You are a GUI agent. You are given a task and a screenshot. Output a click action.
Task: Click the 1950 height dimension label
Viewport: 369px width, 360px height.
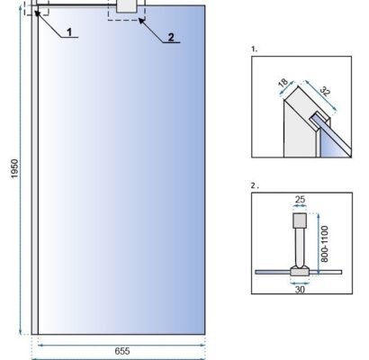[x=14, y=168]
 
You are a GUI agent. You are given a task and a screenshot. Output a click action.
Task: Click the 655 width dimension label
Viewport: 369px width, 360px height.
[x=122, y=351]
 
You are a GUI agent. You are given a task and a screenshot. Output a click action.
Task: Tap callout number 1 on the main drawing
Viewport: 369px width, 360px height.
[x=69, y=31]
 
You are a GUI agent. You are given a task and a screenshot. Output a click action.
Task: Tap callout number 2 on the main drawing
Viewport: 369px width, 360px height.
[x=171, y=38]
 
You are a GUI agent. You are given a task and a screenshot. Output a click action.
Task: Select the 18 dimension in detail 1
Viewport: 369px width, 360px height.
[x=283, y=83]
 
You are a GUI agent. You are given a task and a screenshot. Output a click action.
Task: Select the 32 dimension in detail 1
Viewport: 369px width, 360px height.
[x=325, y=91]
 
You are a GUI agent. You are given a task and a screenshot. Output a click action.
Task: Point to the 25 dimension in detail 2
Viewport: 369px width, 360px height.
[x=300, y=200]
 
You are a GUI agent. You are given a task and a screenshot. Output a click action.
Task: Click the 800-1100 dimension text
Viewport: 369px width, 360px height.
[x=325, y=244]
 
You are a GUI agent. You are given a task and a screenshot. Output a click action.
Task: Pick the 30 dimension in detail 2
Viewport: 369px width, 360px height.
[x=300, y=290]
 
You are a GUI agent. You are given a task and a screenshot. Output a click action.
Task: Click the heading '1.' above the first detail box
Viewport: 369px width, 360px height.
[x=255, y=49]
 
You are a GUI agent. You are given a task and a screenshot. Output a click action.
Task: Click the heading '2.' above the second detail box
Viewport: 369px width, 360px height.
[x=255, y=185]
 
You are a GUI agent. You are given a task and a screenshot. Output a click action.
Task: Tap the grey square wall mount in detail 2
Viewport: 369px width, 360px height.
[x=300, y=220]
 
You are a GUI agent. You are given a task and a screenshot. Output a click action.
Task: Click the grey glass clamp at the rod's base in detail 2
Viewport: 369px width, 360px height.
[x=300, y=271]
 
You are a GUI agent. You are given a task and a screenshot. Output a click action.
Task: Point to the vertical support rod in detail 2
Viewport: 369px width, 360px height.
[x=300, y=247]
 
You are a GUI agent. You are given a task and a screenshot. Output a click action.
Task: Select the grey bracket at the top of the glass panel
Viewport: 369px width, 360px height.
[x=126, y=6]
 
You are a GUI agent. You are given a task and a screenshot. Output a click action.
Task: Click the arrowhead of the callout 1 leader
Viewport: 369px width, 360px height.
[x=37, y=13]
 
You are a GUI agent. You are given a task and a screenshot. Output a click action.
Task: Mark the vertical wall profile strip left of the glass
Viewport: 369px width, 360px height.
[x=35, y=169]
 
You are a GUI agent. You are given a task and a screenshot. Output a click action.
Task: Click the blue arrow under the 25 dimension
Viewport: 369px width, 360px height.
[x=300, y=206]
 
